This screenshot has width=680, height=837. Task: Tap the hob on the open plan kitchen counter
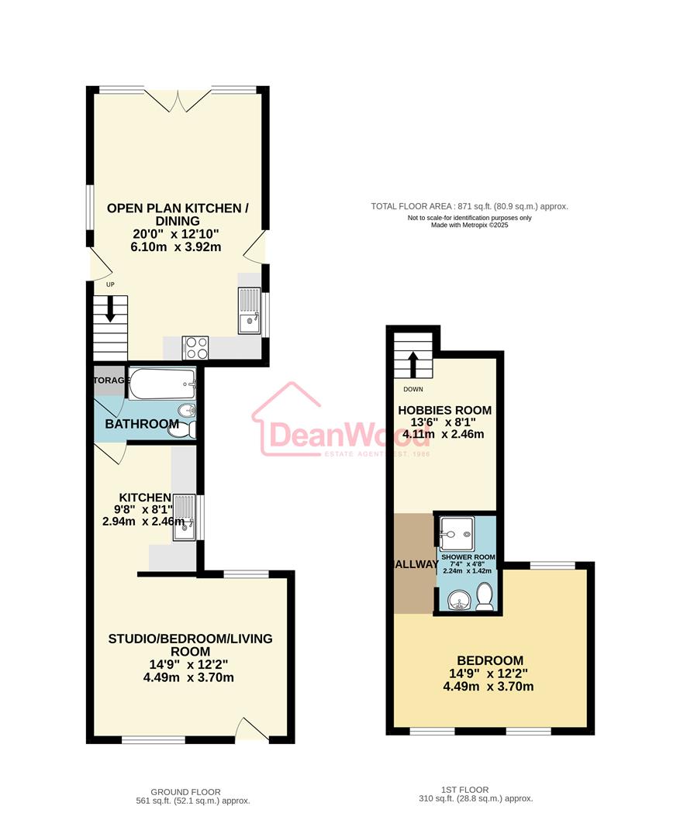point(195,346)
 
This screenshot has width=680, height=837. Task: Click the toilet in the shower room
point(485,598)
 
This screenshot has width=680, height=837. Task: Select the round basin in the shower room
point(460,600)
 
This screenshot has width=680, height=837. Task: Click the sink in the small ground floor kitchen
point(185,518)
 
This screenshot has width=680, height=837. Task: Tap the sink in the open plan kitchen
point(250,310)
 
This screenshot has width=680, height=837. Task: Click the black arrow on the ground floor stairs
point(110,310)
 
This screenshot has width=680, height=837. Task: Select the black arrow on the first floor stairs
point(413,363)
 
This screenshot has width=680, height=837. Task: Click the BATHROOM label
point(142,424)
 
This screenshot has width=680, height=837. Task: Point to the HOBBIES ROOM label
point(444,410)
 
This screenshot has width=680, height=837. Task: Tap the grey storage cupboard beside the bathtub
point(109,381)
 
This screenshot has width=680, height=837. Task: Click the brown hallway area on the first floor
point(413,563)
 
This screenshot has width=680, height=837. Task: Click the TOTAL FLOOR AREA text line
point(469,206)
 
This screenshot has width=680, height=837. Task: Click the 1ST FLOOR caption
point(464,790)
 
